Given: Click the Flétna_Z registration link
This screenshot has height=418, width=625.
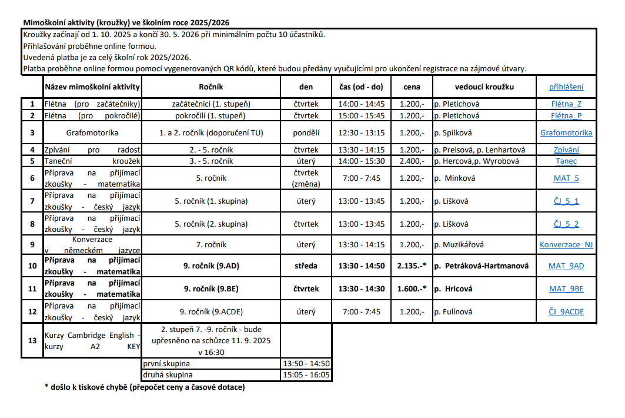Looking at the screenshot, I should [x=566, y=104].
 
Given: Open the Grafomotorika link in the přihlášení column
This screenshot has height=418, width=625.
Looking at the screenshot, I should [x=566, y=132].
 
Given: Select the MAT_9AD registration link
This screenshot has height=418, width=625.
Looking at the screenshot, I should [x=566, y=266].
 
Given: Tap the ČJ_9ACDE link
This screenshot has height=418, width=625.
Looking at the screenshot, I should [x=566, y=312].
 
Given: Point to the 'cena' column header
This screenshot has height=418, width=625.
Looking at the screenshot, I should [x=412, y=87].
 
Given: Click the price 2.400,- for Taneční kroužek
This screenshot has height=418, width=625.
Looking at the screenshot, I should [x=412, y=161].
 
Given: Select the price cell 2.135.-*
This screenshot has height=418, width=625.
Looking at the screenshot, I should [x=412, y=266].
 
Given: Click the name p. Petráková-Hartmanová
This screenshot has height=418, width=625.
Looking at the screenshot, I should [x=482, y=266].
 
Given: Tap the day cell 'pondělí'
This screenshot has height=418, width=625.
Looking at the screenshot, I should [x=306, y=132].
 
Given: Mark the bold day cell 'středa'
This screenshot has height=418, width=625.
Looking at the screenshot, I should [x=306, y=266].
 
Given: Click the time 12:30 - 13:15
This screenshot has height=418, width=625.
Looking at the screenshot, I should [x=361, y=132].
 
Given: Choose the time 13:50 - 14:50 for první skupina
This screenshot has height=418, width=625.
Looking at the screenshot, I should [x=306, y=364].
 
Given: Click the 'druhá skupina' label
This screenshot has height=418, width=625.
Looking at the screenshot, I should [x=168, y=374].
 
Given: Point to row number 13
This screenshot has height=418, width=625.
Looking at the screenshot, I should [x=32, y=340].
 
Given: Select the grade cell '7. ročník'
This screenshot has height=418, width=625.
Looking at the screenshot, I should [x=211, y=244].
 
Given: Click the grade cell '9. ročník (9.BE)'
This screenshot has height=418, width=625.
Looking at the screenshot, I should [x=211, y=289].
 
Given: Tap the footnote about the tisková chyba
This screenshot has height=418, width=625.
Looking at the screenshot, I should [x=144, y=387].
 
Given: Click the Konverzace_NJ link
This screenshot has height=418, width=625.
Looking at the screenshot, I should [x=566, y=244].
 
